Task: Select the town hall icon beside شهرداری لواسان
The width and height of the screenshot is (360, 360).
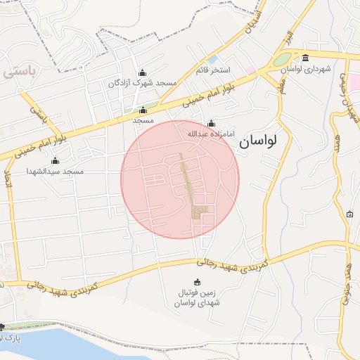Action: point(305,58)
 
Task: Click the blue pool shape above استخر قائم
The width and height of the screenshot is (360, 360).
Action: point(213,60)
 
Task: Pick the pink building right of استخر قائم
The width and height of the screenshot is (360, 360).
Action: point(250,70)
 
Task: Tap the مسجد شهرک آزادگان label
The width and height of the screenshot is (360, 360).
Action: point(142,83)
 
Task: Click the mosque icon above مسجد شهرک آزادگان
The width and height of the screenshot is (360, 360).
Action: point(143,72)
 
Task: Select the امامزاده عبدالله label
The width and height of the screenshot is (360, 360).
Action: point(210,133)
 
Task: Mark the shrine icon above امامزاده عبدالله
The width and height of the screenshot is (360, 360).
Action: point(210,123)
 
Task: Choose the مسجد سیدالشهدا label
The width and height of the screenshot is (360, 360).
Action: point(55,171)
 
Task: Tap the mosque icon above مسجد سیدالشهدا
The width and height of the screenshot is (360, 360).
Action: point(56,161)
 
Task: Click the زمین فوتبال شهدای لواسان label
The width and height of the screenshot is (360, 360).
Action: point(187,297)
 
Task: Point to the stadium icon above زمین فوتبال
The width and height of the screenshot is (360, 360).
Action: point(187,281)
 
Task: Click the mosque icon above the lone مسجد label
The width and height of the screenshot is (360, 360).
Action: point(143,110)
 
